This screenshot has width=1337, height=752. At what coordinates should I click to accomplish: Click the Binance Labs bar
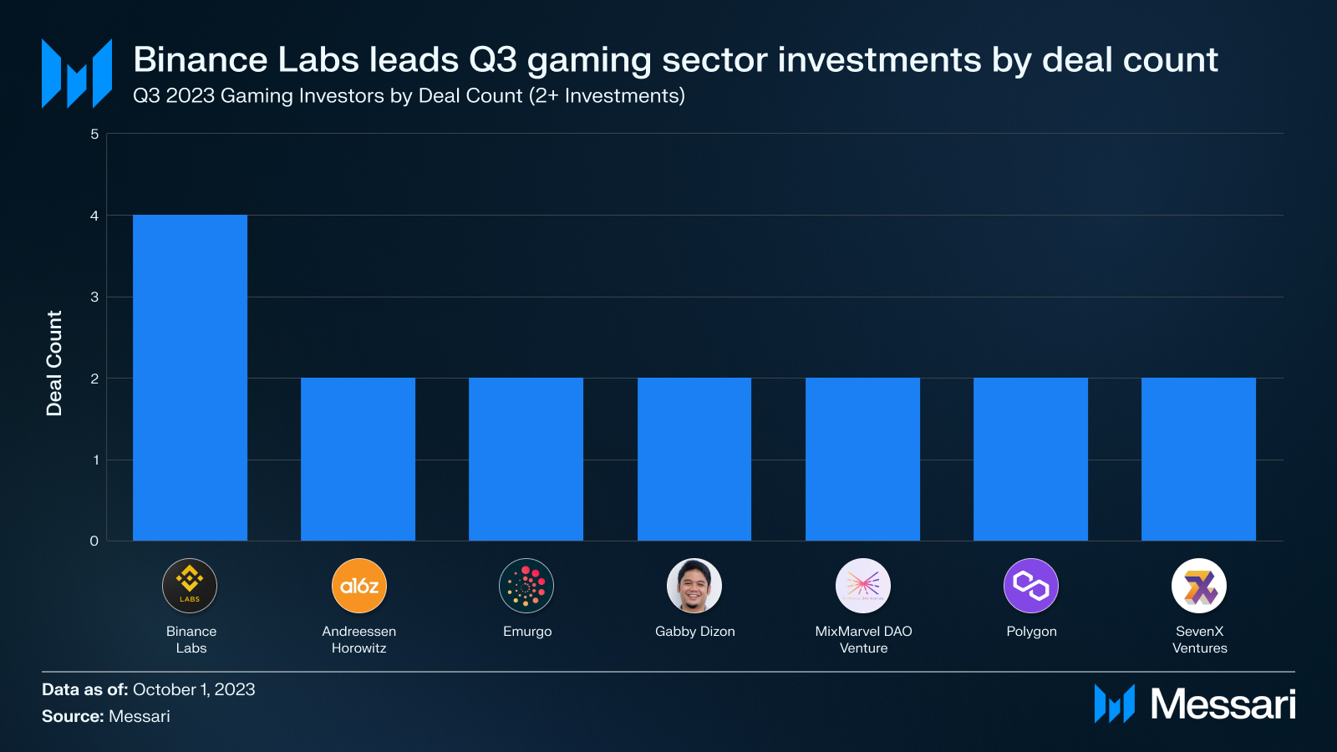coord(190,378)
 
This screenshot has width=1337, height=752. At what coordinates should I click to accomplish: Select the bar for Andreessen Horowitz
coord(358,459)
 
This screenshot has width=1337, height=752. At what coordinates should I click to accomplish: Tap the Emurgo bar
coord(526,459)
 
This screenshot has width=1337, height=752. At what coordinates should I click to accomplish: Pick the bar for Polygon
coord(1030,459)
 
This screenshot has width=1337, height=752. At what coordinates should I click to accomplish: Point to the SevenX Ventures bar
coord(1198,459)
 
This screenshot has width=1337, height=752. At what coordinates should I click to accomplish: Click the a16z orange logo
coord(359,586)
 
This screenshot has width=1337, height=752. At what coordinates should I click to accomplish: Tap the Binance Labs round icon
coord(190,586)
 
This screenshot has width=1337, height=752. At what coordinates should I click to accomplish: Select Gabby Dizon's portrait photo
coord(694,586)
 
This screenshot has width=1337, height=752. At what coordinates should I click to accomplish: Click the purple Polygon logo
coord(1030,586)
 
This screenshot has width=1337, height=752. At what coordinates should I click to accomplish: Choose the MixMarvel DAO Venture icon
coord(863,586)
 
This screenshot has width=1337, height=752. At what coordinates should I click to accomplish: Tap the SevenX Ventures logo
coord(1199,586)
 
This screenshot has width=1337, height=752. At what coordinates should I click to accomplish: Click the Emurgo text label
coord(527,632)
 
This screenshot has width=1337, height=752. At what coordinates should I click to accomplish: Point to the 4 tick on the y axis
coord(94,216)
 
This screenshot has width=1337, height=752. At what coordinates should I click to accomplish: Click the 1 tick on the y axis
coord(95,460)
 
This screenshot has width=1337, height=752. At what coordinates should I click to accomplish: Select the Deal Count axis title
coord(54,363)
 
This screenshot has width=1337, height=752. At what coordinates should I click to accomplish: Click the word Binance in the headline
coord(200,60)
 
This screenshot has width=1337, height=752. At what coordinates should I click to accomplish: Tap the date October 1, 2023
coord(194,689)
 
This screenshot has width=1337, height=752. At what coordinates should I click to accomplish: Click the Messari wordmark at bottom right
coord(1223,704)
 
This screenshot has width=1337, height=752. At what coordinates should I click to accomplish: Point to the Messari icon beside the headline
coord(77,74)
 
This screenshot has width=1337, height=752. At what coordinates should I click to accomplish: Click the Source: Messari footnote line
coord(106,716)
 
